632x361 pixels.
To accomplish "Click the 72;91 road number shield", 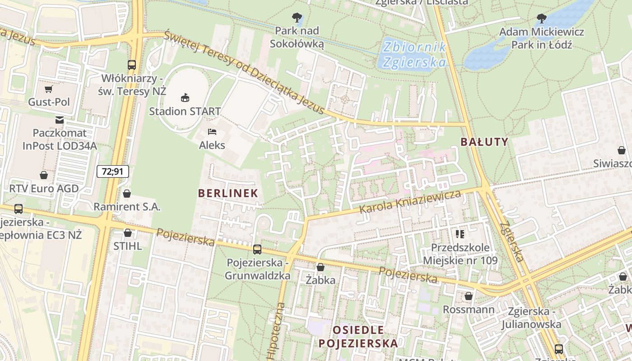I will click(112, 171).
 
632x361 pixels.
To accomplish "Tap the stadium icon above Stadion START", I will click(185, 97).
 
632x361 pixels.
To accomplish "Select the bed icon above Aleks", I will click(212, 132).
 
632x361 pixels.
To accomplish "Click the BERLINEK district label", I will click(228, 193).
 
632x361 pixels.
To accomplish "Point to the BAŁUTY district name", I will click(484, 142).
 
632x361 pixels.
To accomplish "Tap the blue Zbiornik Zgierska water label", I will click(414, 54).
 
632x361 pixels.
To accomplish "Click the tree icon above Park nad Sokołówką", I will click(297, 18).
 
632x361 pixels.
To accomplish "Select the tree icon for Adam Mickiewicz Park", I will click(541, 19).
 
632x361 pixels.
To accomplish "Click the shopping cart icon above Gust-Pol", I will click(49, 89).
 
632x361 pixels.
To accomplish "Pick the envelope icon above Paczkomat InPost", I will click(60, 120).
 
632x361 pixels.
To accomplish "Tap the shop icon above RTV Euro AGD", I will click(44, 175).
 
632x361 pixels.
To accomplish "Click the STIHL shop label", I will click(128, 246).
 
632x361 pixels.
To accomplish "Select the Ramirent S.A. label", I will click(127, 207).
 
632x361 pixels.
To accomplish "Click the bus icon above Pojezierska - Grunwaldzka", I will click(257, 249).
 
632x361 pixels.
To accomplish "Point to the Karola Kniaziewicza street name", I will click(410, 202).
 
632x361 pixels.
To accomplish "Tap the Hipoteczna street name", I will click(277, 332).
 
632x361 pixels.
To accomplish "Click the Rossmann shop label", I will click(469, 310).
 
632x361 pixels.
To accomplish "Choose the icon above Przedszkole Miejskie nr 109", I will click(460, 234).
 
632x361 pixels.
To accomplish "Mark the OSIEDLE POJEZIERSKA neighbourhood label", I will click(358, 336).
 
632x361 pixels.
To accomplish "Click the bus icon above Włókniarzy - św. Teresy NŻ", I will click(132, 65).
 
